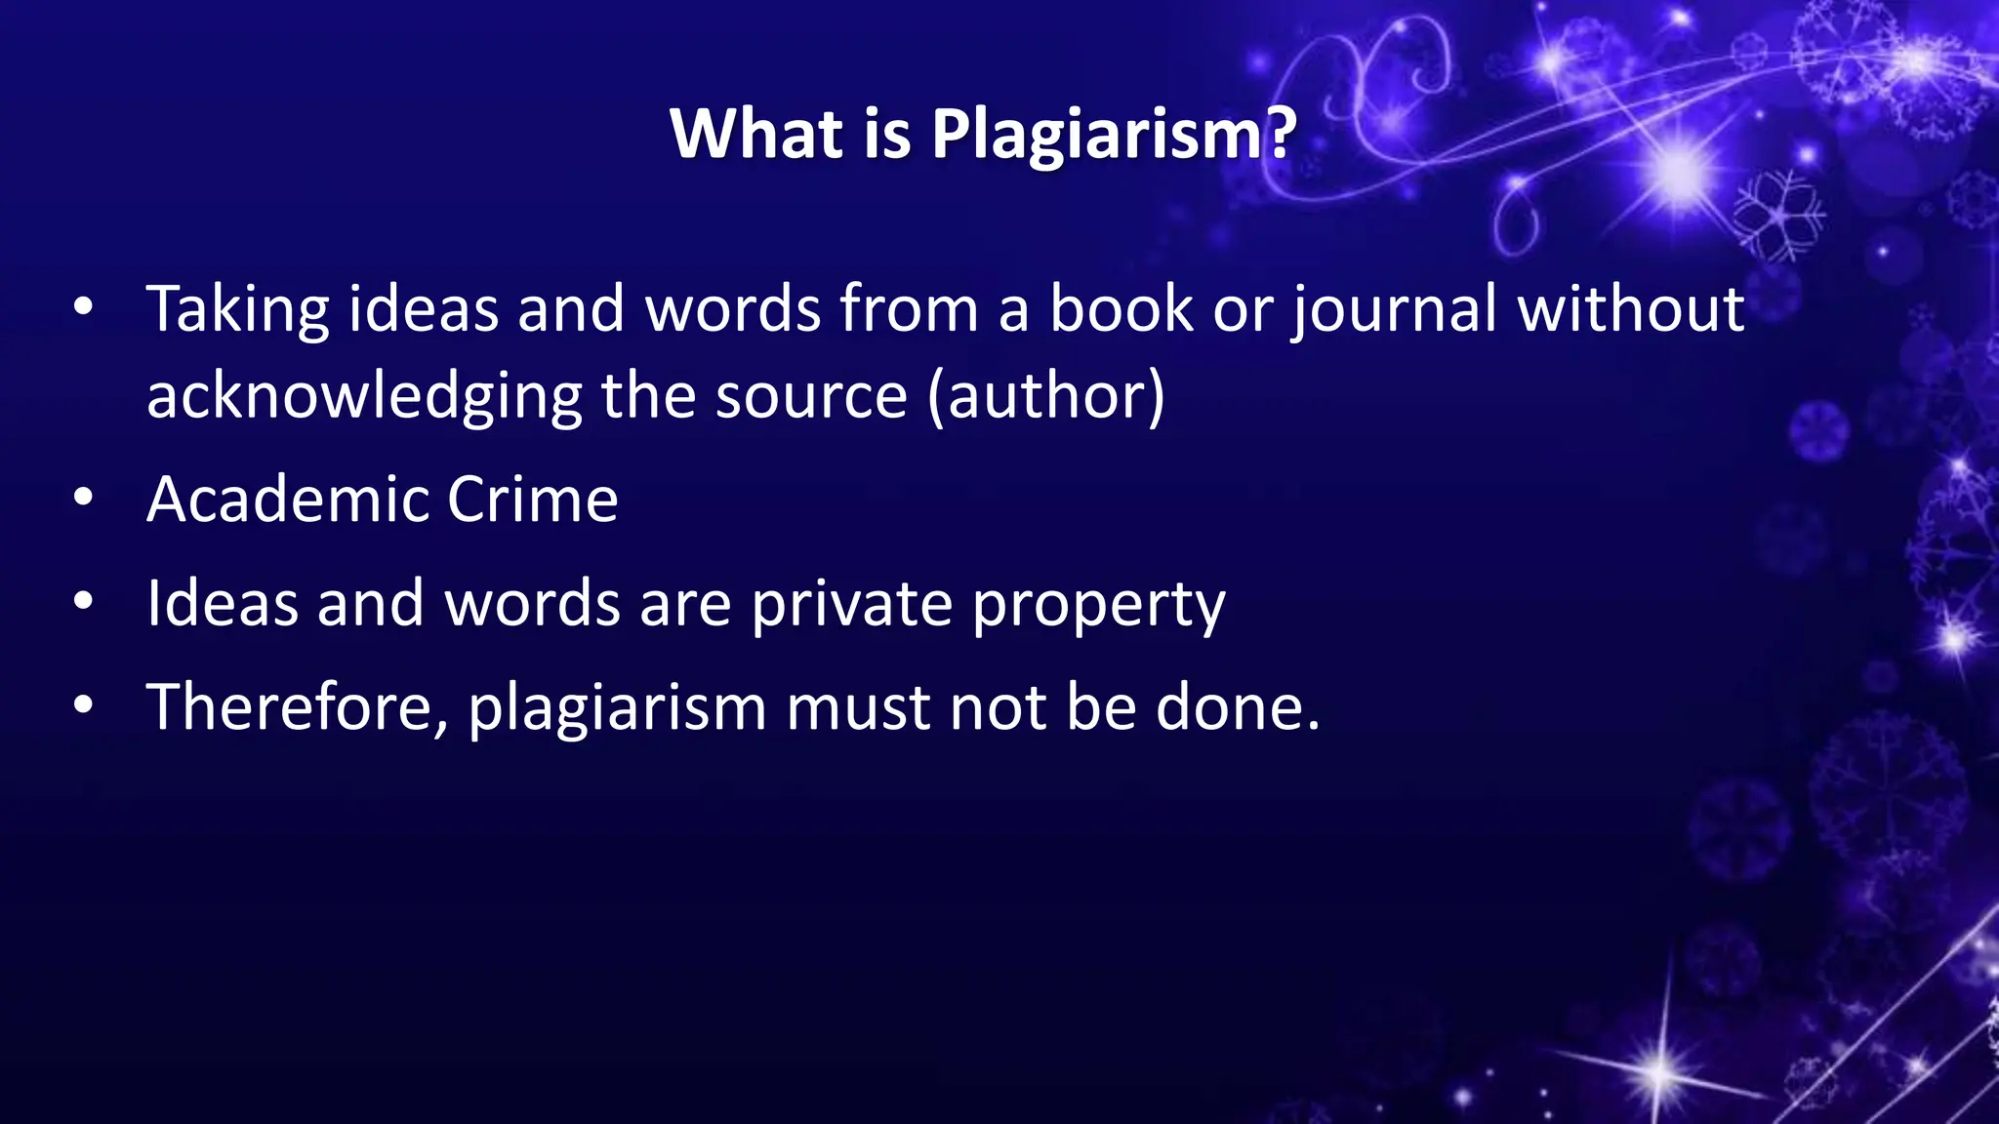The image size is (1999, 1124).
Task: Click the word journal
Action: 1394,310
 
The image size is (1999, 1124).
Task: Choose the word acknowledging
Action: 364,397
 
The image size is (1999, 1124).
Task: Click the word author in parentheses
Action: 1046,396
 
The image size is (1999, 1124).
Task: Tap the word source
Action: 811,397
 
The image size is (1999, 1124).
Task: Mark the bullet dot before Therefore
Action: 83,704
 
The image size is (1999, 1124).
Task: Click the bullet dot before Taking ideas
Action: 83,308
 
